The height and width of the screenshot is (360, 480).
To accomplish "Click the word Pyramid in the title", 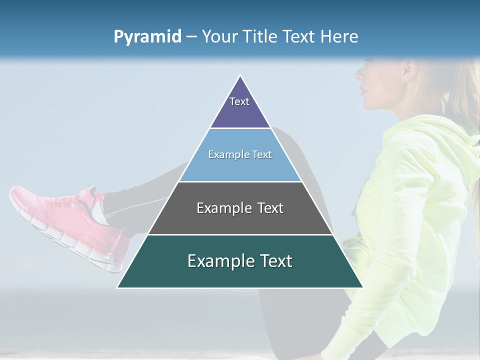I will tap(147, 37).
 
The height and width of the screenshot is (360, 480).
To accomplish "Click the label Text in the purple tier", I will tap(239, 101).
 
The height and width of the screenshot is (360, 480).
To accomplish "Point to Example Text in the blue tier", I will tap(240, 154).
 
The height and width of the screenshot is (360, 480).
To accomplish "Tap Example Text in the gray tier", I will tap(240, 208).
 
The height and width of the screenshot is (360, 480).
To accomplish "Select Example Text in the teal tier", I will tap(240, 261).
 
